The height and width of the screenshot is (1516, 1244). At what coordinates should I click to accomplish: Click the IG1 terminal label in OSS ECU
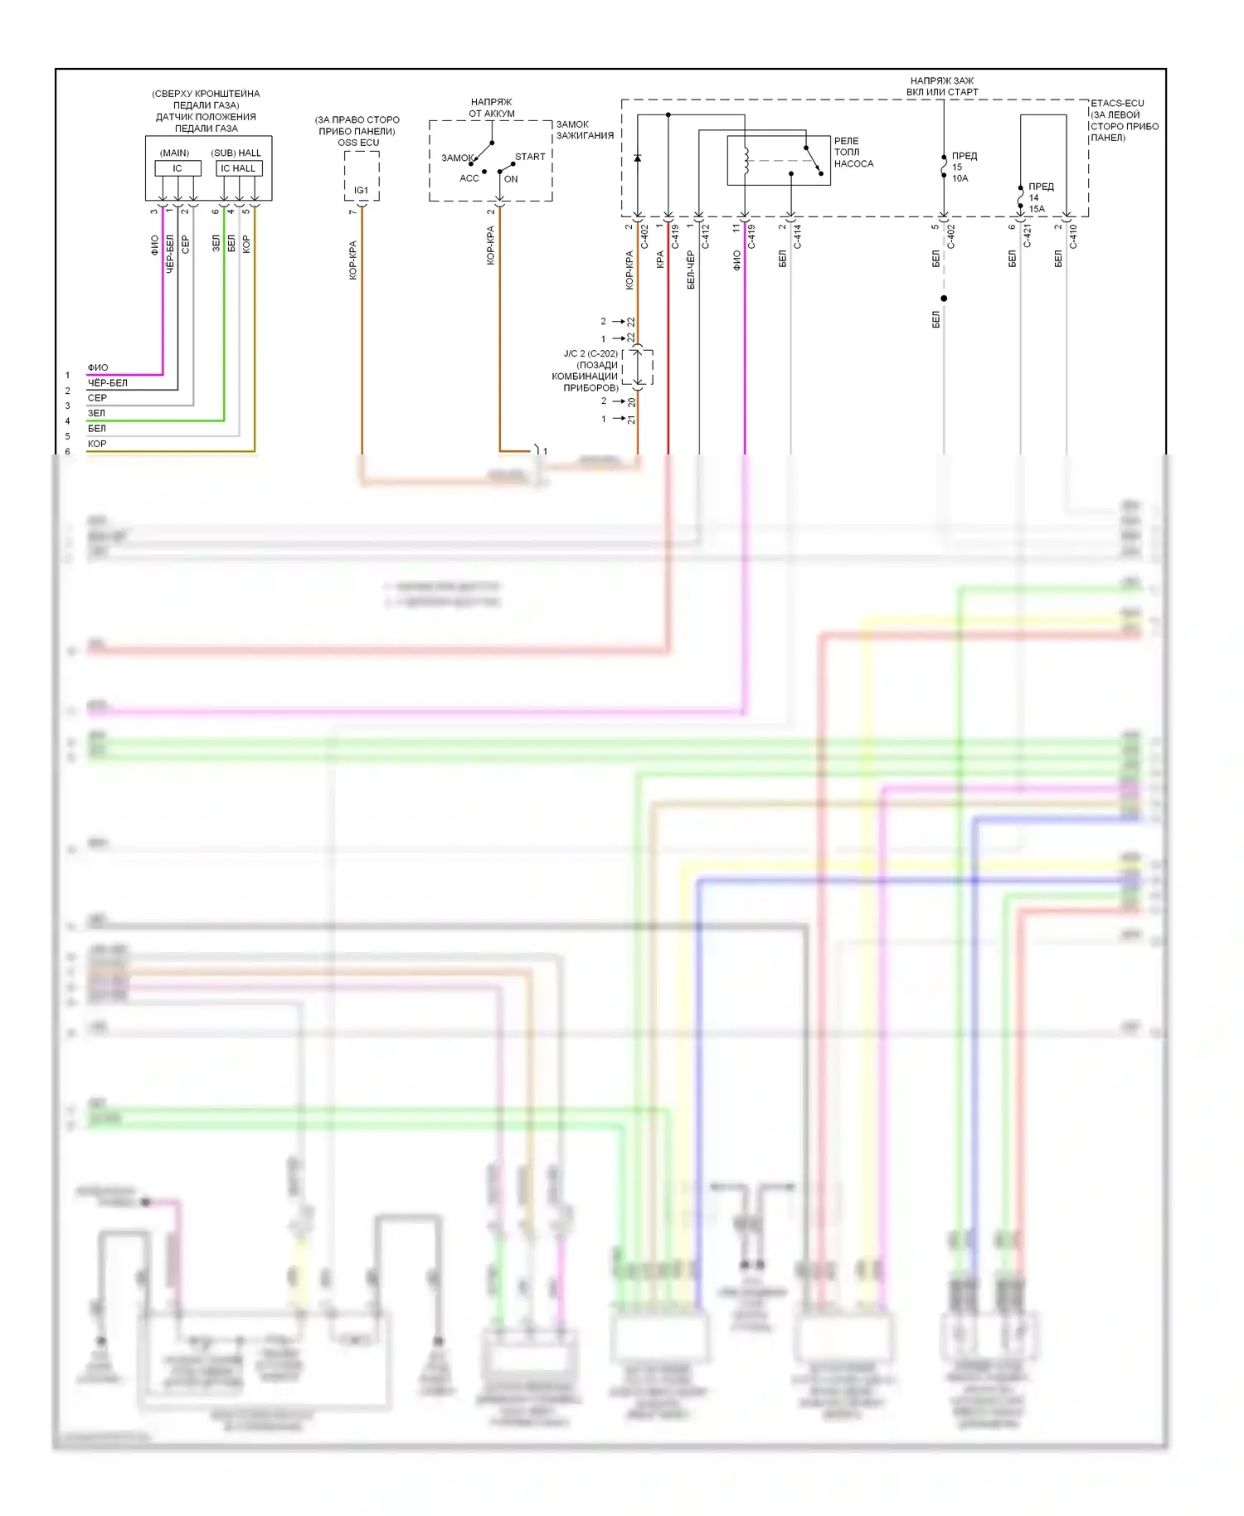click(362, 190)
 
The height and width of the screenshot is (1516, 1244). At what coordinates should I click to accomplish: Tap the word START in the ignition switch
click(530, 157)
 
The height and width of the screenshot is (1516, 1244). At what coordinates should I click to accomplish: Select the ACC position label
click(469, 178)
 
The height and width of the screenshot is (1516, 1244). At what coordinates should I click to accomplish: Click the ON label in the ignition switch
click(511, 179)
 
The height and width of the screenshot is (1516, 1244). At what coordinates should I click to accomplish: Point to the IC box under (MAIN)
click(177, 168)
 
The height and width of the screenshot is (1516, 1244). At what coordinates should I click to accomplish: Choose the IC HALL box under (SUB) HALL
click(239, 168)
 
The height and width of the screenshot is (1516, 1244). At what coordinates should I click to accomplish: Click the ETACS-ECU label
click(1117, 104)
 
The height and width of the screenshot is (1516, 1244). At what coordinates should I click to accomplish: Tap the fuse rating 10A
click(960, 178)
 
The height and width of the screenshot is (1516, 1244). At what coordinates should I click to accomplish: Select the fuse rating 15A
click(1037, 209)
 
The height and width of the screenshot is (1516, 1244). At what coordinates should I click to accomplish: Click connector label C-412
click(706, 236)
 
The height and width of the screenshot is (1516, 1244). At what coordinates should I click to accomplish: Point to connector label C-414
click(797, 236)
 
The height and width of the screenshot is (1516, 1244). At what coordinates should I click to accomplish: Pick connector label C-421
click(1027, 236)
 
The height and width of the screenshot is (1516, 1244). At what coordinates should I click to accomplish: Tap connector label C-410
click(1072, 236)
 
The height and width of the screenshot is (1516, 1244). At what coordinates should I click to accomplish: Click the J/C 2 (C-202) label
click(590, 353)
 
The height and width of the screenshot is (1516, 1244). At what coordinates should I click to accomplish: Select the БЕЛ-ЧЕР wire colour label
click(691, 270)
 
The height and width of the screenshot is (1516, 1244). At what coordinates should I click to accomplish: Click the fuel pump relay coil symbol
click(746, 160)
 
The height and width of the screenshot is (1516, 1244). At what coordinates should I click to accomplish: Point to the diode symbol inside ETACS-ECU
click(637, 158)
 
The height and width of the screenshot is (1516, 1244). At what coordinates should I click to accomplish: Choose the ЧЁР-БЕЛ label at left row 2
click(108, 383)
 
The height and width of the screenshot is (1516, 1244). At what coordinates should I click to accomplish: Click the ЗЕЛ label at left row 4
click(97, 413)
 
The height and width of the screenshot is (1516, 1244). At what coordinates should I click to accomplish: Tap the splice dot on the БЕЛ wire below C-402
click(944, 299)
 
